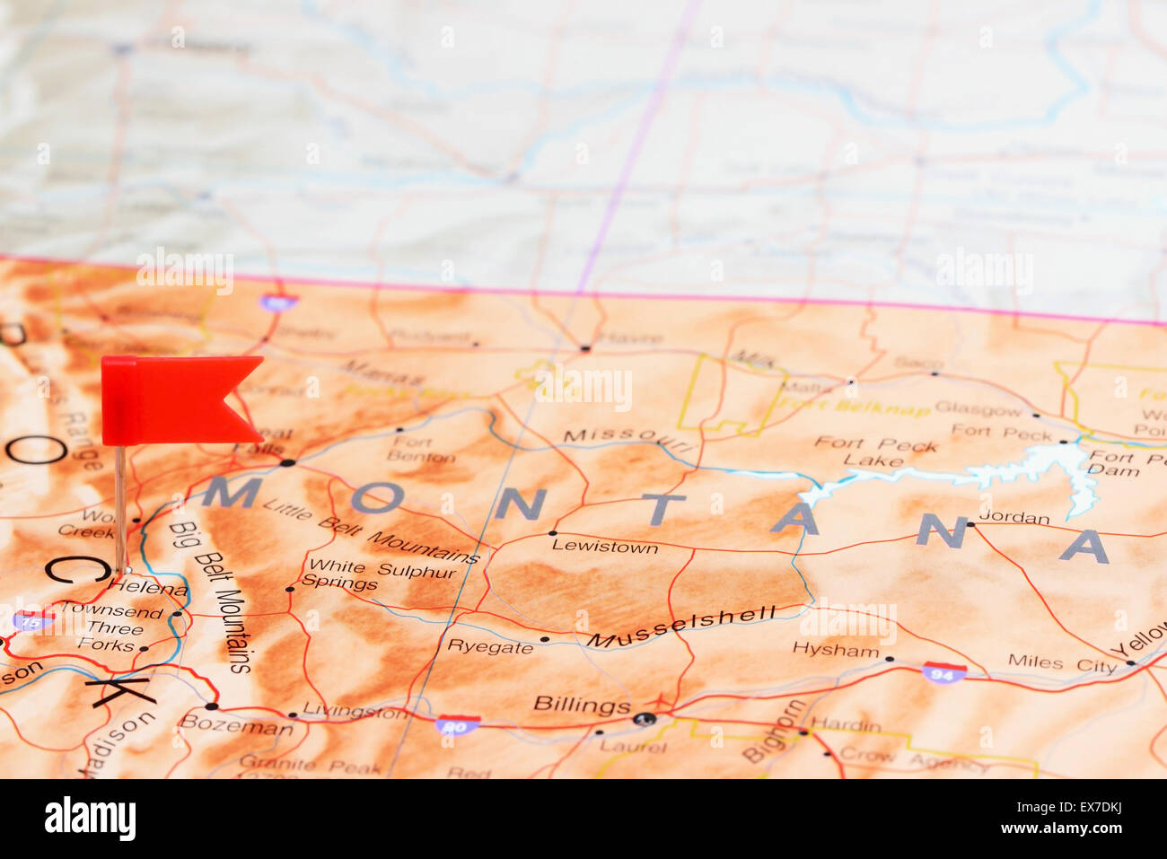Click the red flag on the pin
(x=175, y=399)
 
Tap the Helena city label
(x=147, y=589)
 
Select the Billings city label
(x=582, y=705)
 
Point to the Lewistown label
(x=604, y=546)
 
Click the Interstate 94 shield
(x=943, y=672)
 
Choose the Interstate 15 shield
(x=32, y=619)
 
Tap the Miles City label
(x=1061, y=663)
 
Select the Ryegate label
(x=489, y=646)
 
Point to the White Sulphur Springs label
(x=378, y=575)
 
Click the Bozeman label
(x=236, y=724)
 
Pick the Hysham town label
(x=835, y=650)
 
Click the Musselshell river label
(x=681, y=627)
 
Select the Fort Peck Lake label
(x=875, y=452)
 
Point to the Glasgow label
(x=978, y=409)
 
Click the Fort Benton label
(x=412, y=449)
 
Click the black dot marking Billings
(x=645, y=718)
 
